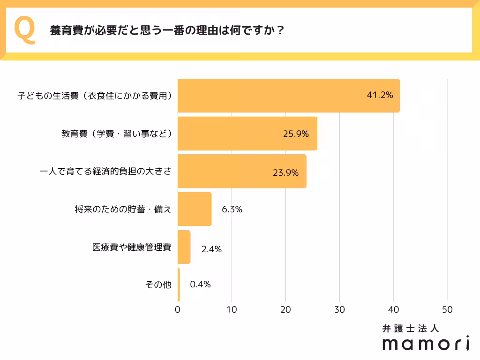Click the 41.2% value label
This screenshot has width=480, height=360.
pos(379,96)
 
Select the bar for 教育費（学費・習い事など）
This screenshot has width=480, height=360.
pos(247,134)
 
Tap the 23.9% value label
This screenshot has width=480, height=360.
pos(285,172)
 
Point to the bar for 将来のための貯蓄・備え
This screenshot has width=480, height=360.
pos(195,210)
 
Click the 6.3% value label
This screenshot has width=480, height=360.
pos(232,210)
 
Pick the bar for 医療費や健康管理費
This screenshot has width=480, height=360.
pos(184,247)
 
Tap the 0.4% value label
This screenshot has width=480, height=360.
pos(200,285)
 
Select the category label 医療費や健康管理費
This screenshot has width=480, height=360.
pos(132,247)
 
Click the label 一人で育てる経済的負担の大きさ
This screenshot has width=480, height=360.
pos(105,172)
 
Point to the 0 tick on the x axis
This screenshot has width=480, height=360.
pos(178,310)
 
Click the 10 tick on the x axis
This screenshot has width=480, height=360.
pos(232,310)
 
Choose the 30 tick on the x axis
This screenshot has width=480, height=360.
pos(339,310)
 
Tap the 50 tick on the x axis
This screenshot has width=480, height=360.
pos(447,310)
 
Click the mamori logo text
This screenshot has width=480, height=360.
pos(426,343)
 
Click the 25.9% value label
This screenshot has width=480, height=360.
pos(296,134)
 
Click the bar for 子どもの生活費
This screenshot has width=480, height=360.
pos(288,96)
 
